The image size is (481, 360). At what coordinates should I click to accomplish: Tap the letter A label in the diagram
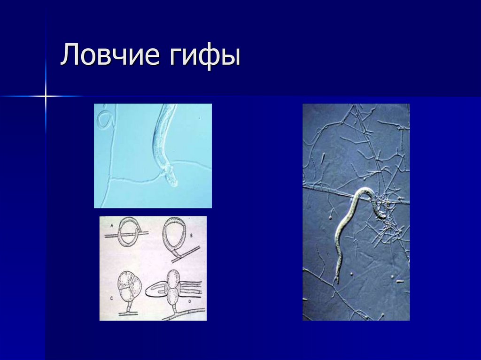pyautogui.click(x=112, y=225)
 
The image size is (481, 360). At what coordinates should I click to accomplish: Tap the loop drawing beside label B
pyautogui.click(x=174, y=237)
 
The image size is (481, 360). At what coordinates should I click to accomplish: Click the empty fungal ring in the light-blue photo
pyautogui.click(x=104, y=119)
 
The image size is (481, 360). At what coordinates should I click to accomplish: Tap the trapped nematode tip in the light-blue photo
pyautogui.click(x=172, y=178)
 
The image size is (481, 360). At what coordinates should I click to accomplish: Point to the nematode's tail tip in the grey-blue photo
pyautogui.click(x=337, y=282)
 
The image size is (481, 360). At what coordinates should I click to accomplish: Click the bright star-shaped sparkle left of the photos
pyautogui.click(x=46, y=96)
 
